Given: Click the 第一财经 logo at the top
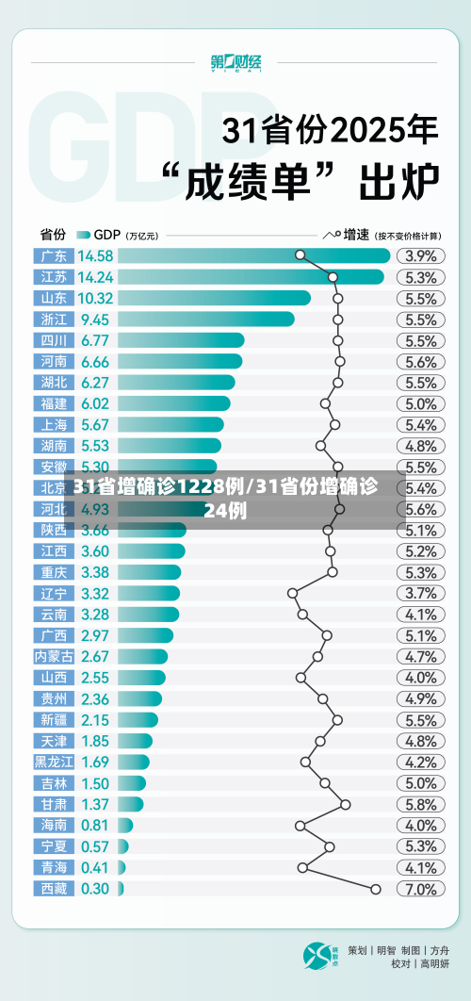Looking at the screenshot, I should point(235,63).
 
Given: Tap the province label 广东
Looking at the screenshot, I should point(54,255).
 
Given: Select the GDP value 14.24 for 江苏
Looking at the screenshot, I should point(96,277).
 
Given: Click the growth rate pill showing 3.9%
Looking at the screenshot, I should point(420,255).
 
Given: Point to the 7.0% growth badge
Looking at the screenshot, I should point(420,889).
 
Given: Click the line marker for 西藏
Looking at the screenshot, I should point(376,889).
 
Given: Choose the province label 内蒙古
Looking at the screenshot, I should point(54,656).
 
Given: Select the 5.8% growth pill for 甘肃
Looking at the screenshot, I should point(420,804).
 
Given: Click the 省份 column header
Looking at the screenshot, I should point(53,234).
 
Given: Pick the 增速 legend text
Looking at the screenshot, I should point(355,234).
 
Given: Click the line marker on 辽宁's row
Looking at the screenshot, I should point(292,593).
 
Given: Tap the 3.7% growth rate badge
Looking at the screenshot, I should point(420,593).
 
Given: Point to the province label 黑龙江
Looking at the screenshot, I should point(54,762).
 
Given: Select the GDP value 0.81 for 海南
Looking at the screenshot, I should point(94,825).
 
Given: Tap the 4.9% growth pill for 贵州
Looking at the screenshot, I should point(420,698).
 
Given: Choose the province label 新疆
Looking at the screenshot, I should point(54,719).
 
